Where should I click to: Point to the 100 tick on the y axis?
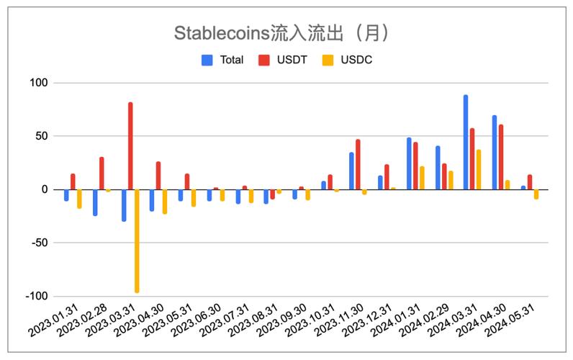[38, 83]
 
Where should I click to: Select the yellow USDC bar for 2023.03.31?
[137, 240]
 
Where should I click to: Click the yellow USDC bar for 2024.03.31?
[479, 170]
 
